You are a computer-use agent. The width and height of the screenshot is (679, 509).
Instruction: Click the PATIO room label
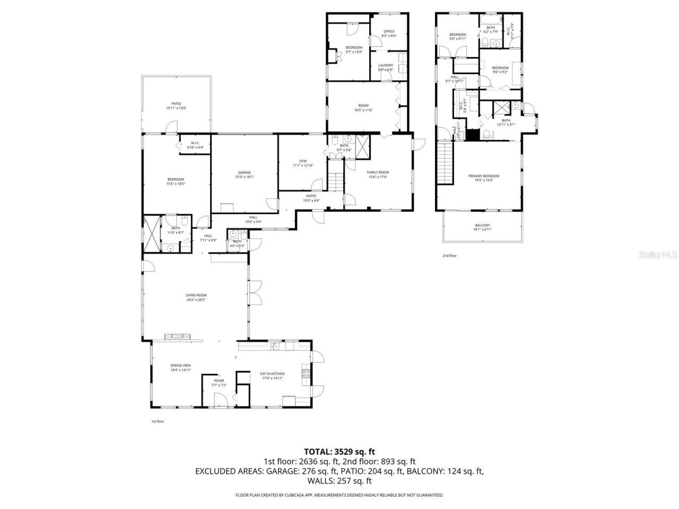click(176, 104)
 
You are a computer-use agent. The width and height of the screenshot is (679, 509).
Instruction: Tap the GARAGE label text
click(244, 172)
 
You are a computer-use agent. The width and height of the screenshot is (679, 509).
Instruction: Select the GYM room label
click(303, 161)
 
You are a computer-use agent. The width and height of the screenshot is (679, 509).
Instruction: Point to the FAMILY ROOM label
click(378, 172)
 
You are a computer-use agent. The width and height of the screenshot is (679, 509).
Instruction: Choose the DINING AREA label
click(180, 365)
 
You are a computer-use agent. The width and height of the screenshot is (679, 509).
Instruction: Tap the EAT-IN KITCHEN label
click(272, 374)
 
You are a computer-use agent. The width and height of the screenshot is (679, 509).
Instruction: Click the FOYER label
click(219, 381)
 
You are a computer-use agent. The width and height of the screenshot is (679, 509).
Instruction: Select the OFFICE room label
click(389, 31)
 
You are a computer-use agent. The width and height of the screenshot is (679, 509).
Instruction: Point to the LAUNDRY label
click(385, 65)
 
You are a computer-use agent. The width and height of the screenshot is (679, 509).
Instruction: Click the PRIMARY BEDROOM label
click(483, 176)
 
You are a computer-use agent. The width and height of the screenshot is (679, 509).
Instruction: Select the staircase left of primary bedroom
click(445, 164)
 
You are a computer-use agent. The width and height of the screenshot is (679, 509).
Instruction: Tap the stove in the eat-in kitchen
click(306, 375)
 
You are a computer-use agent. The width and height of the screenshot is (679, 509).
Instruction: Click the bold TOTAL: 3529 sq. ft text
click(339, 452)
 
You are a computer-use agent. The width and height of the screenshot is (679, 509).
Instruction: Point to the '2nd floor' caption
click(449, 256)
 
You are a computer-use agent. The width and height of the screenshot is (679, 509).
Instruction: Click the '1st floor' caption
click(158, 422)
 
